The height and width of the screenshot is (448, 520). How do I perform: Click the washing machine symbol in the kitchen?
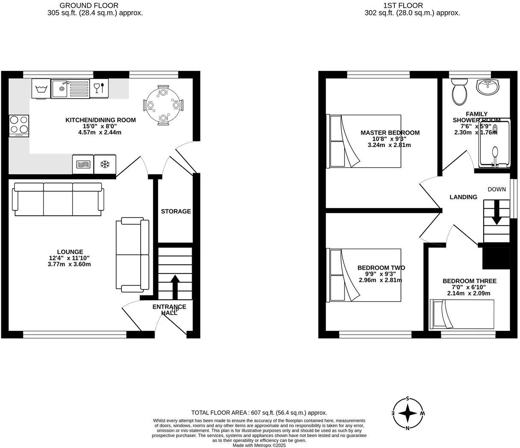click(x=41, y=88)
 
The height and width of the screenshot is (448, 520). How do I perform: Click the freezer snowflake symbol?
click(x=104, y=164)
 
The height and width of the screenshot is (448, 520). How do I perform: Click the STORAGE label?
click(x=176, y=211)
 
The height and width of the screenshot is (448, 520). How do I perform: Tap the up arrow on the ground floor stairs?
click(x=175, y=286)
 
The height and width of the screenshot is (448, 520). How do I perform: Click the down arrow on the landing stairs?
click(x=496, y=213)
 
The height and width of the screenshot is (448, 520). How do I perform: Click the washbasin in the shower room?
click(x=487, y=87)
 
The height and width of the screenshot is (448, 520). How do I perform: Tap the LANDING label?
click(x=463, y=197)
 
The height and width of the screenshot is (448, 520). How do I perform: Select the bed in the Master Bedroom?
click(x=364, y=141)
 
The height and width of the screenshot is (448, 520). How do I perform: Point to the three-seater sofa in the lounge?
click(x=58, y=199)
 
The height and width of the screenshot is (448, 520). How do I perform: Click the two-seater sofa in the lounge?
click(x=133, y=255)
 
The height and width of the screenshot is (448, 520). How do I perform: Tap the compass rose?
click(x=408, y=413)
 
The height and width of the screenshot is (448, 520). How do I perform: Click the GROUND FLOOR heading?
click(x=89, y=6)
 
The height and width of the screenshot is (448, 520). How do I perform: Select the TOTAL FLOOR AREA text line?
click(x=259, y=413)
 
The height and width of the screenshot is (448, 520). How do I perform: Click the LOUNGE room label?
click(x=70, y=252)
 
